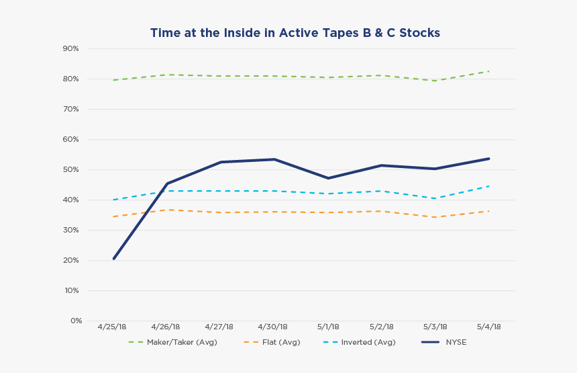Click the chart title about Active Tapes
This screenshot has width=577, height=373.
(295, 33)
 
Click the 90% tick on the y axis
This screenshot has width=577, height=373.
(71, 49)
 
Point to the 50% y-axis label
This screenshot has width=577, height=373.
(71, 170)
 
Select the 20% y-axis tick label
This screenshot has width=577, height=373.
(71, 261)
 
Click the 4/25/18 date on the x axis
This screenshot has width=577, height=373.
(112, 327)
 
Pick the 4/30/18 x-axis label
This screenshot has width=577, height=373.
(274, 327)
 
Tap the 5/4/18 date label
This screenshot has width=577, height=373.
(489, 327)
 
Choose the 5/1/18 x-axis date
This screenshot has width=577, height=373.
(328, 327)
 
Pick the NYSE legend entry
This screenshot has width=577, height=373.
(456, 342)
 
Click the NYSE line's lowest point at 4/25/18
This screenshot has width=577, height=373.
(114, 259)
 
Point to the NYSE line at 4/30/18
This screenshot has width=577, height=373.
(274, 159)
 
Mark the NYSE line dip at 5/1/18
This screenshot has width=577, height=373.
(328, 178)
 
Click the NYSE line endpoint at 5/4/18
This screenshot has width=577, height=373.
(489, 159)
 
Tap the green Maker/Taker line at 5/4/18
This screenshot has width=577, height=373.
(489, 71)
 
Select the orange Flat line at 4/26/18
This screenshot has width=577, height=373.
(167, 210)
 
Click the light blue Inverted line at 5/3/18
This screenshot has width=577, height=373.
(435, 198)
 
